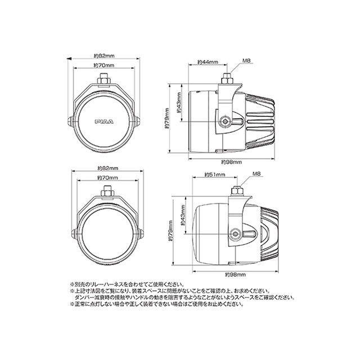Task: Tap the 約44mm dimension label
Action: [208, 62]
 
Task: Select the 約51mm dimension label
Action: [215, 175]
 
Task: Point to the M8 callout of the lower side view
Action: [257, 173]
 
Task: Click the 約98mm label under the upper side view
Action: [231, 161]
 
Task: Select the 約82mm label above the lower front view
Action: [106, 169]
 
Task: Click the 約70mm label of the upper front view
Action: [105, 66]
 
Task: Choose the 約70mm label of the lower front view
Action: [106, 178]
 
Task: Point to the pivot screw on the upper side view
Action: [225, 121]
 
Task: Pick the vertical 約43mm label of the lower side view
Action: [184, 222]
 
